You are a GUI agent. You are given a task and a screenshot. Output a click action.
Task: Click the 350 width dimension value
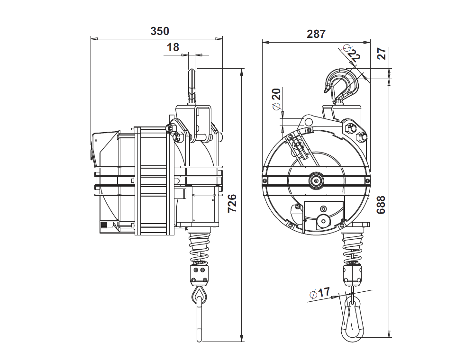pyautogui.click(x=159, y=32)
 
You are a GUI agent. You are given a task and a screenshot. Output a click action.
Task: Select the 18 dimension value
pyautogui.click(x=173, y=47)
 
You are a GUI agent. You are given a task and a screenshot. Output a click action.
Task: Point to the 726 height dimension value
pyautogui.click(x=232, y=203)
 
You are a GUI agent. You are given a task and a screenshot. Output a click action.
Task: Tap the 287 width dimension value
pyautogui.click(x=316, y=34)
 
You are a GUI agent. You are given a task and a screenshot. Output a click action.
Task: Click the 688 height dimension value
pyautogui.click(x=381, y=205)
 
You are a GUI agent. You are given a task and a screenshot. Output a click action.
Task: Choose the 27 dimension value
pyautogui.click(x=382, y=54)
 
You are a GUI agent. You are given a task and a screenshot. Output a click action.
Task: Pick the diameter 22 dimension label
pyautogui.click(x=351, y=54)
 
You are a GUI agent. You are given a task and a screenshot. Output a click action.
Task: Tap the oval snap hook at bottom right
pyautogui.click(x=351, y=320)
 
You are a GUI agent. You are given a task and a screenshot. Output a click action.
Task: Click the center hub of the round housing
pyautogui.click(x=315, y=180)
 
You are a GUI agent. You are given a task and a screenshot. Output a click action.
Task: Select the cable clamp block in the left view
pyautogui.click(x=200, y=273)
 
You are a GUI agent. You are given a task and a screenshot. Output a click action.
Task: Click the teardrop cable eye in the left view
pyautogui.click(x=200, y=297)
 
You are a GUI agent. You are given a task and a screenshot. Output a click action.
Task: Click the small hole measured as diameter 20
pyautogui.click(x=309, y=122)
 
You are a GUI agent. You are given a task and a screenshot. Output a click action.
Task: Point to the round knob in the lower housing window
pyautogui.click(x=323, y=220)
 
